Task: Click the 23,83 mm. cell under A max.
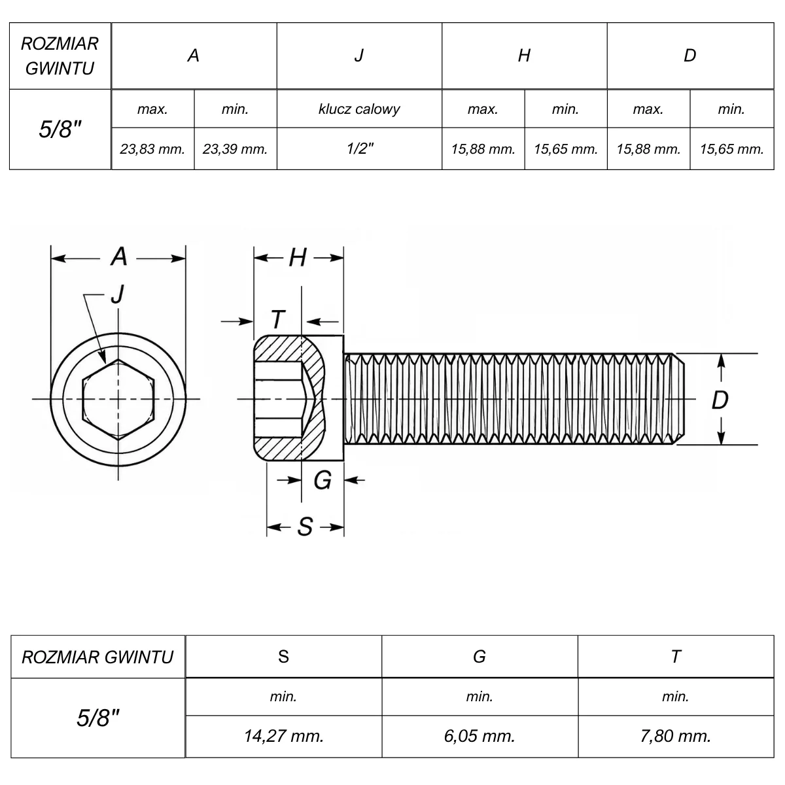pos(152,149)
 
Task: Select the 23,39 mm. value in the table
pos(235,149)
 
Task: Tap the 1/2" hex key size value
pos(360,148)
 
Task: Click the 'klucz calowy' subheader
pos(359,109)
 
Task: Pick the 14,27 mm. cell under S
pos(283,736)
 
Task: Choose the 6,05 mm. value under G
pos(480,736)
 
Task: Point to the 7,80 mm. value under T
pos(675,736)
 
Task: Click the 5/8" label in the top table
pos(60,130)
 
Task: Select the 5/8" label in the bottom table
pos(97,718)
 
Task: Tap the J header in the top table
pos(359,56)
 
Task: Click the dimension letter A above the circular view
pos(118,256)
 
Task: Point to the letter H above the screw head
pos(298,258)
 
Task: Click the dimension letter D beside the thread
pos(720,400)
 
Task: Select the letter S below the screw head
pos(305,527)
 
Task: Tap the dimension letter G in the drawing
pos(323,480)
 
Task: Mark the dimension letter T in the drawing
pos(278,319)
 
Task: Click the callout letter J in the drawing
pos(117,294)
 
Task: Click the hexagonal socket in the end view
pos(118,400)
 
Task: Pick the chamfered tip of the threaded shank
pos(678,399)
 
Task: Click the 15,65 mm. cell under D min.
pos(731,149)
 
